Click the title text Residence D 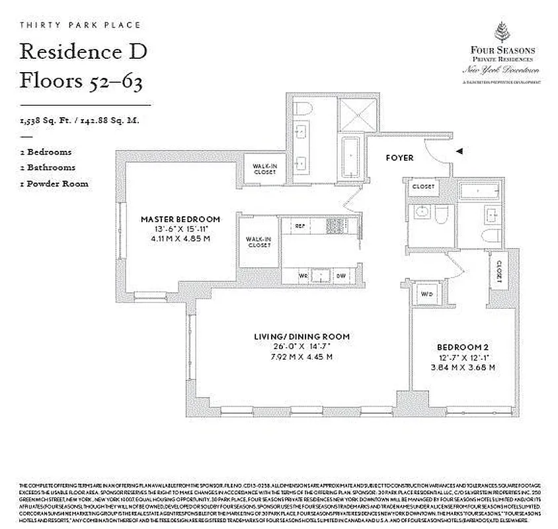82,52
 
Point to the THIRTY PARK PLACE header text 80,25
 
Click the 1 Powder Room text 54,183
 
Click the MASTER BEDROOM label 180,219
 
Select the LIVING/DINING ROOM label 301,337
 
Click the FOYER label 400,158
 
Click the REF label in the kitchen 299,226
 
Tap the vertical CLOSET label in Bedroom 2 498,271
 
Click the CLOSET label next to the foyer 424,186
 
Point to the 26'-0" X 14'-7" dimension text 301,346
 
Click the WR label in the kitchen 304,274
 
